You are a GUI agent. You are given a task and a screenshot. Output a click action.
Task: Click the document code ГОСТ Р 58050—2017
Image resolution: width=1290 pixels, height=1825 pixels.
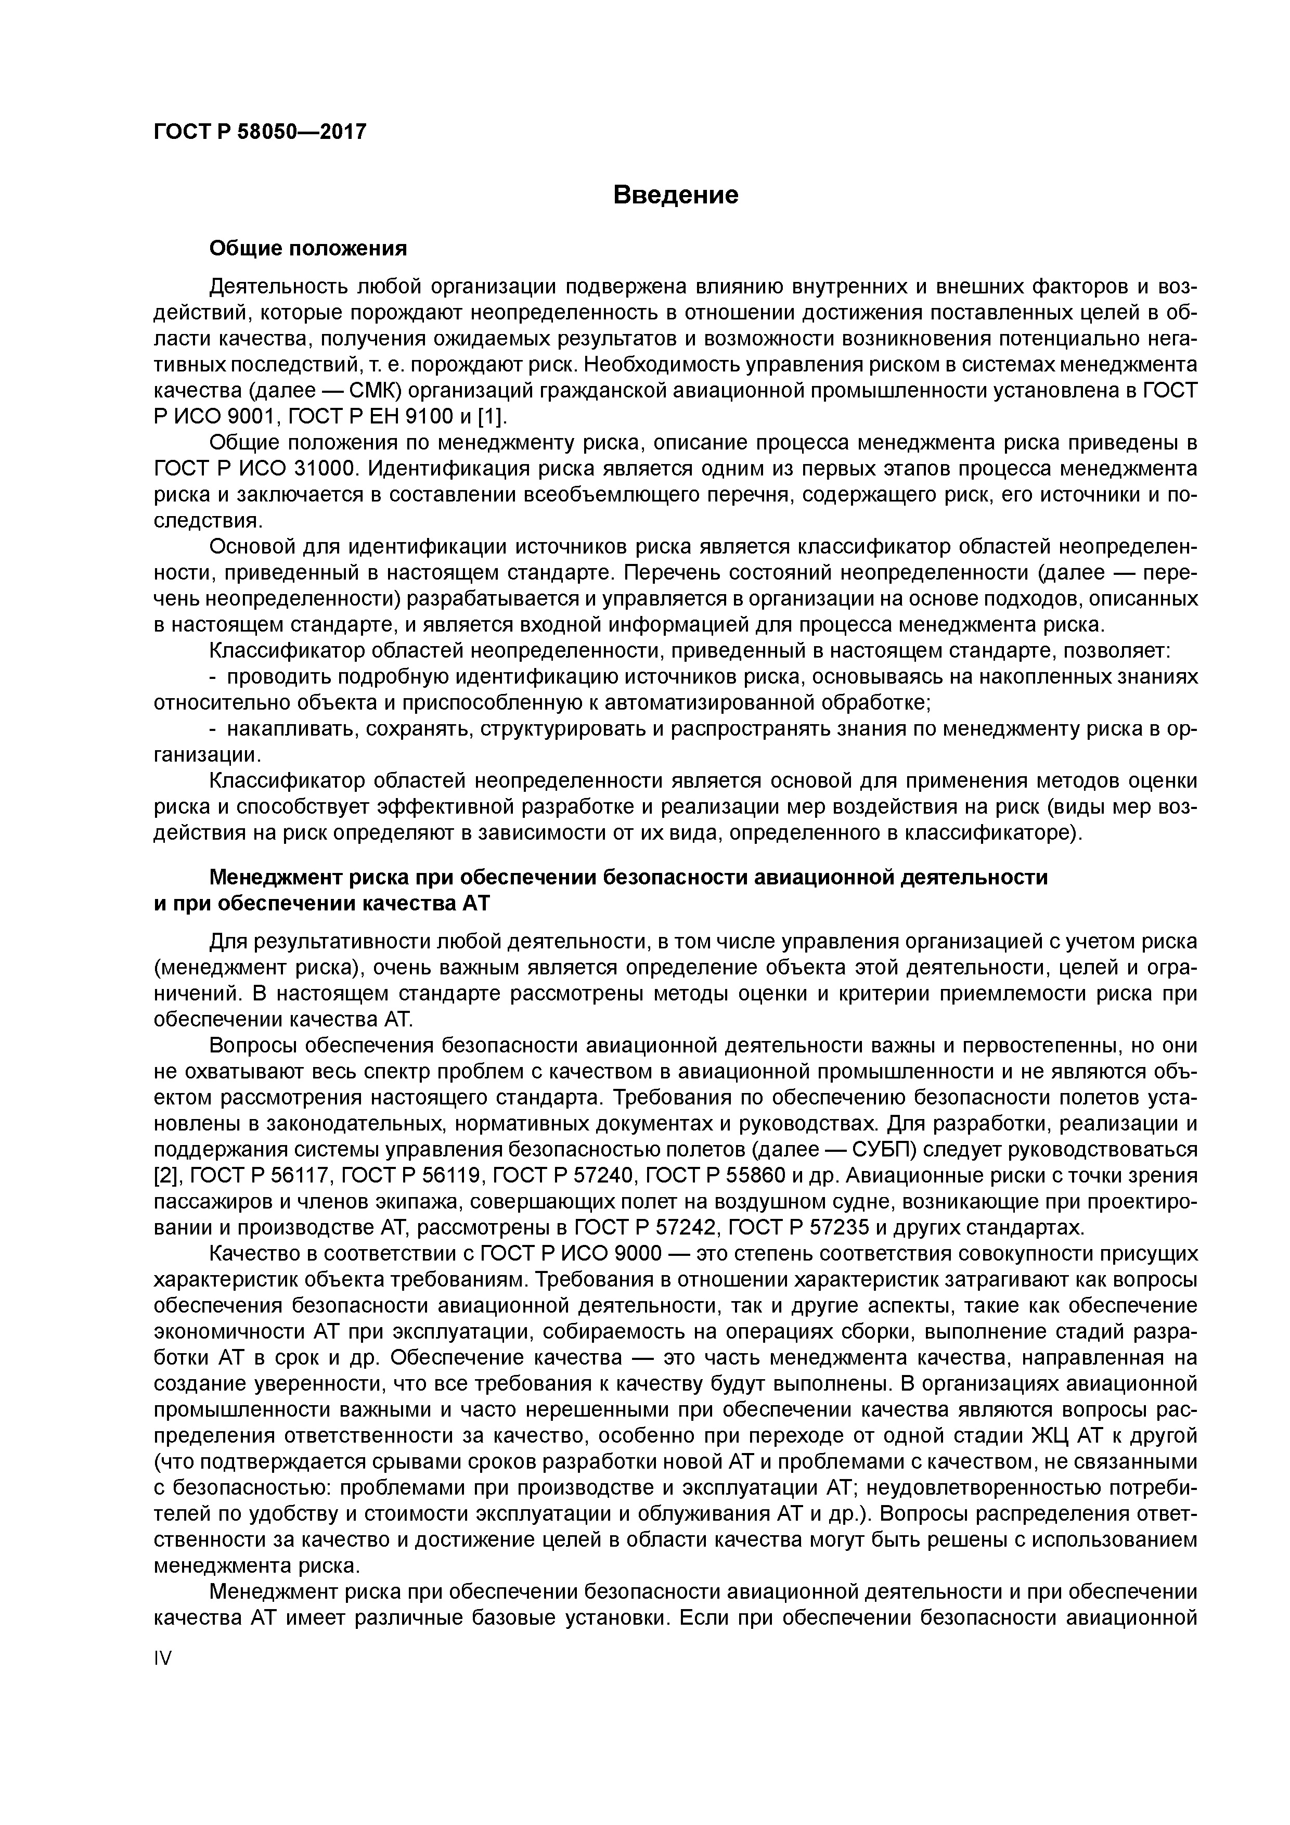coord(260,132)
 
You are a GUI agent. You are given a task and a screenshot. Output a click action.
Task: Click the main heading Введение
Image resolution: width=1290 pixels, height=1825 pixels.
coord(676,195)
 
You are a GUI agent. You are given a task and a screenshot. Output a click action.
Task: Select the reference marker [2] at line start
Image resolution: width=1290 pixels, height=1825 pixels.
coord(164,1176)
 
